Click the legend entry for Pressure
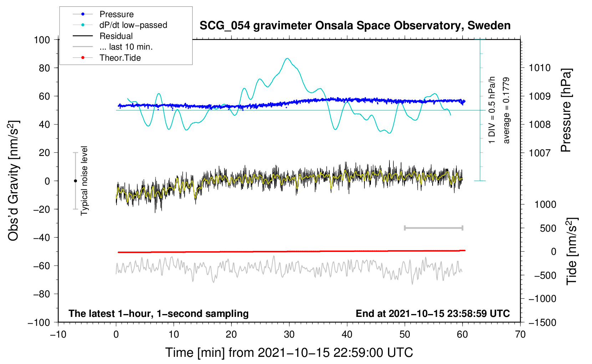point(116,14)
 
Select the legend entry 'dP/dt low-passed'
point(133,25)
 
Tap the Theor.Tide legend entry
point(120,58)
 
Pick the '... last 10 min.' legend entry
point(126,47)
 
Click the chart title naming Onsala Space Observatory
point(355,26)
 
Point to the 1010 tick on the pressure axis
point(540,68)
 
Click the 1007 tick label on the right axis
point(540,153)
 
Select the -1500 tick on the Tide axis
point(542,323)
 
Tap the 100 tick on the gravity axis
point(42,40)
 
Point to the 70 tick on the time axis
point(520,334)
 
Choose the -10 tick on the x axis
point(58,334)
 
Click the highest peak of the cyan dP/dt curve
point(287,59)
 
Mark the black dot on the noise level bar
point(75,181)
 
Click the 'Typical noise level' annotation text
point(84,181)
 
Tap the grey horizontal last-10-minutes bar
point(433,228)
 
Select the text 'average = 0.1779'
point(506,111)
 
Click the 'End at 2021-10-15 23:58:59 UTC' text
point(433,313)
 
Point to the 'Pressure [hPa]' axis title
point(566,111)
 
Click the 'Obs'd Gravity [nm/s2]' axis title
point(14,181)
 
